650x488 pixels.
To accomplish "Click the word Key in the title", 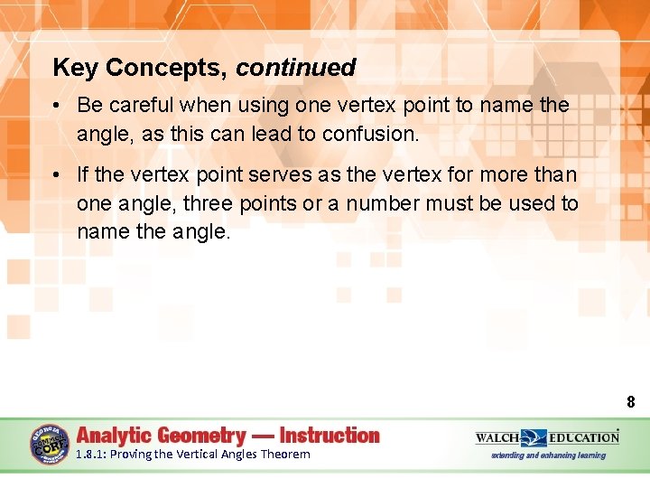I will [x=76, y=68].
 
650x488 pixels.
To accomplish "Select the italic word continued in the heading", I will [x=296, y=68].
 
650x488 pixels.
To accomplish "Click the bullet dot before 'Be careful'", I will [x=57, y=105].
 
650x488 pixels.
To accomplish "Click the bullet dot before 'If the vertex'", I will [x=57, y=175].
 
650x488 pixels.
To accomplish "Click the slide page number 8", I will [x=630, y=402].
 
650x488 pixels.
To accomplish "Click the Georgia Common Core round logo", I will [x=48, y=444].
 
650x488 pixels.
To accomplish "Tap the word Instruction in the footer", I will [x=330, y=435].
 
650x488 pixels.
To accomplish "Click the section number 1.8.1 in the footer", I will [x=90, y=455].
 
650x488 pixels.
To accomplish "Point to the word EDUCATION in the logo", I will [x=584, y=437].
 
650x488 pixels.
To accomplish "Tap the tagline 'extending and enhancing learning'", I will [x=548, y=455].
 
